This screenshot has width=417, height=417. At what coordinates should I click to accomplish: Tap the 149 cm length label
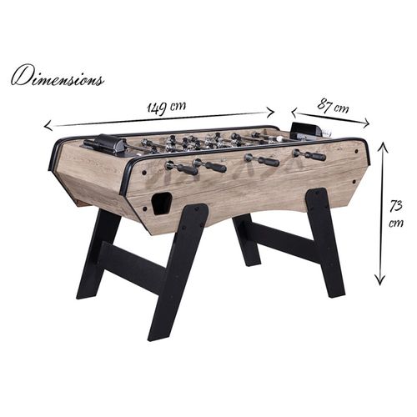coord(166,108)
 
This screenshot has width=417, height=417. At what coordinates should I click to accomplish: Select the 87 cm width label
coord(333,106)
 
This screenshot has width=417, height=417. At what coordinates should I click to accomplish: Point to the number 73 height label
coord(396,206)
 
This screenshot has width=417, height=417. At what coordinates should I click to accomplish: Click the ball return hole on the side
coord(159,203)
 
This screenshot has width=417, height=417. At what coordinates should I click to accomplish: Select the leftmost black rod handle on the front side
coord(186,168)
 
